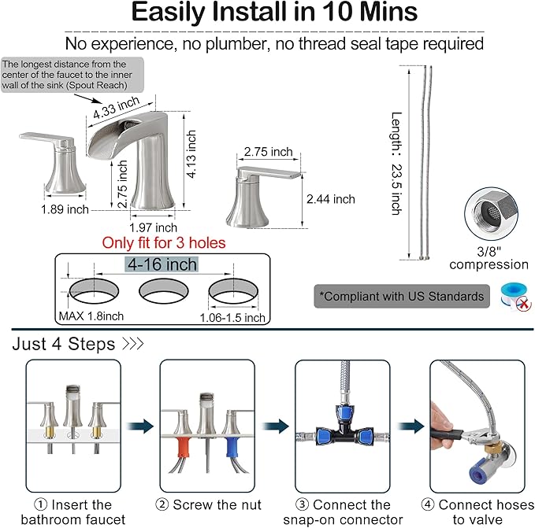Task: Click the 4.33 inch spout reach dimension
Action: (x=117, y=107)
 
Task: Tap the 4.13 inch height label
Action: (x=191, y=154)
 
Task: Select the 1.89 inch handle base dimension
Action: (x=65, y=209)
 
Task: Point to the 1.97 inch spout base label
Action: (x=153, y=227)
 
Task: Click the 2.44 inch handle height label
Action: (x=331, y=199)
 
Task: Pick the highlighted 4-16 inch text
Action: (x=162, y=264)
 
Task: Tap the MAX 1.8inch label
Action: (x=91, y=316)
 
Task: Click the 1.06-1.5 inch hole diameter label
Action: (x=232, y=318)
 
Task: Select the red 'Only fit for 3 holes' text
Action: (x=164, y=243)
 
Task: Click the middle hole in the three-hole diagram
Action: (x=164, y=291)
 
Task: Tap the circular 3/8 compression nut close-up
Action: (x=492, y=214)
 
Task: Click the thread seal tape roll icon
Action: (x=515, y=297)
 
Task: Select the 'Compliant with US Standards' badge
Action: (x=402, y=297)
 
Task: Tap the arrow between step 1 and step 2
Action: (x=140, y=426)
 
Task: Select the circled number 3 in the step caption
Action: (x=302, y=504)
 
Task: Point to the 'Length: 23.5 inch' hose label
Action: (x=396, y=164)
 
